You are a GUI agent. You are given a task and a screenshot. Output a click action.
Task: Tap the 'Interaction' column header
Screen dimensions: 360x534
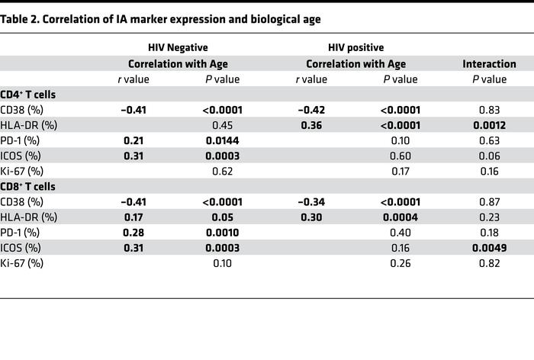pyautogui.click(x=489, y=64)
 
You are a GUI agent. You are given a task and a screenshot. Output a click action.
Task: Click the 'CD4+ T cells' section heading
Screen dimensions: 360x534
pyautogui.click(x=34, y=95)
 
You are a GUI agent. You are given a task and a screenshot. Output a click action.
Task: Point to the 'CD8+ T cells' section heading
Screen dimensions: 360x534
pyautogui.click(x=34, y=186)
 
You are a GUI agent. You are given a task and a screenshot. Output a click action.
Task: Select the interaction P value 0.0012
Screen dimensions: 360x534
pyautogui.click(x=489, y=125)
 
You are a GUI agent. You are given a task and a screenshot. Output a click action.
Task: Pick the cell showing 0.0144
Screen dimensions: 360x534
pyautogui.click(x=222, y=140)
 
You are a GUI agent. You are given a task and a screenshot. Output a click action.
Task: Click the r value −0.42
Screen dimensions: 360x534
pyautogui.click(x=312, y=110)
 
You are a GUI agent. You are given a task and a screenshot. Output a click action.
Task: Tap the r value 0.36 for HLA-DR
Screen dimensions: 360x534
pyautogui.click(x=312, y=125)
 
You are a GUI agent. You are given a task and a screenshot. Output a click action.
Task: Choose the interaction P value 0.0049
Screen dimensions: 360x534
pyautogui.click(x=489, y=247)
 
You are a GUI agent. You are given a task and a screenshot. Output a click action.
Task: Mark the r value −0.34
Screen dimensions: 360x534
pyautogui.click(x=312, y=201)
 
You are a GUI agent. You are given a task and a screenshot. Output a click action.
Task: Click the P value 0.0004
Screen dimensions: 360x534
pyautogui.click(x=400, y=217)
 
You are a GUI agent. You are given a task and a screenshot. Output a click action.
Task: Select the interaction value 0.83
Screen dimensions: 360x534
pyautogui.click(x=489, y=110)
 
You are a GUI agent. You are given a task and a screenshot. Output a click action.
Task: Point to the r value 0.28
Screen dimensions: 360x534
pyautogui.click(x=133, y=232)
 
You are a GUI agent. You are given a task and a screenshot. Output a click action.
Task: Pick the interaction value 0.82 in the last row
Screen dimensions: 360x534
pyautogui.click(x=489, y=262)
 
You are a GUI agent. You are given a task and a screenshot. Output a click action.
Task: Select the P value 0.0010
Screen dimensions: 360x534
pyautogui.click(x=222, y=232)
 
